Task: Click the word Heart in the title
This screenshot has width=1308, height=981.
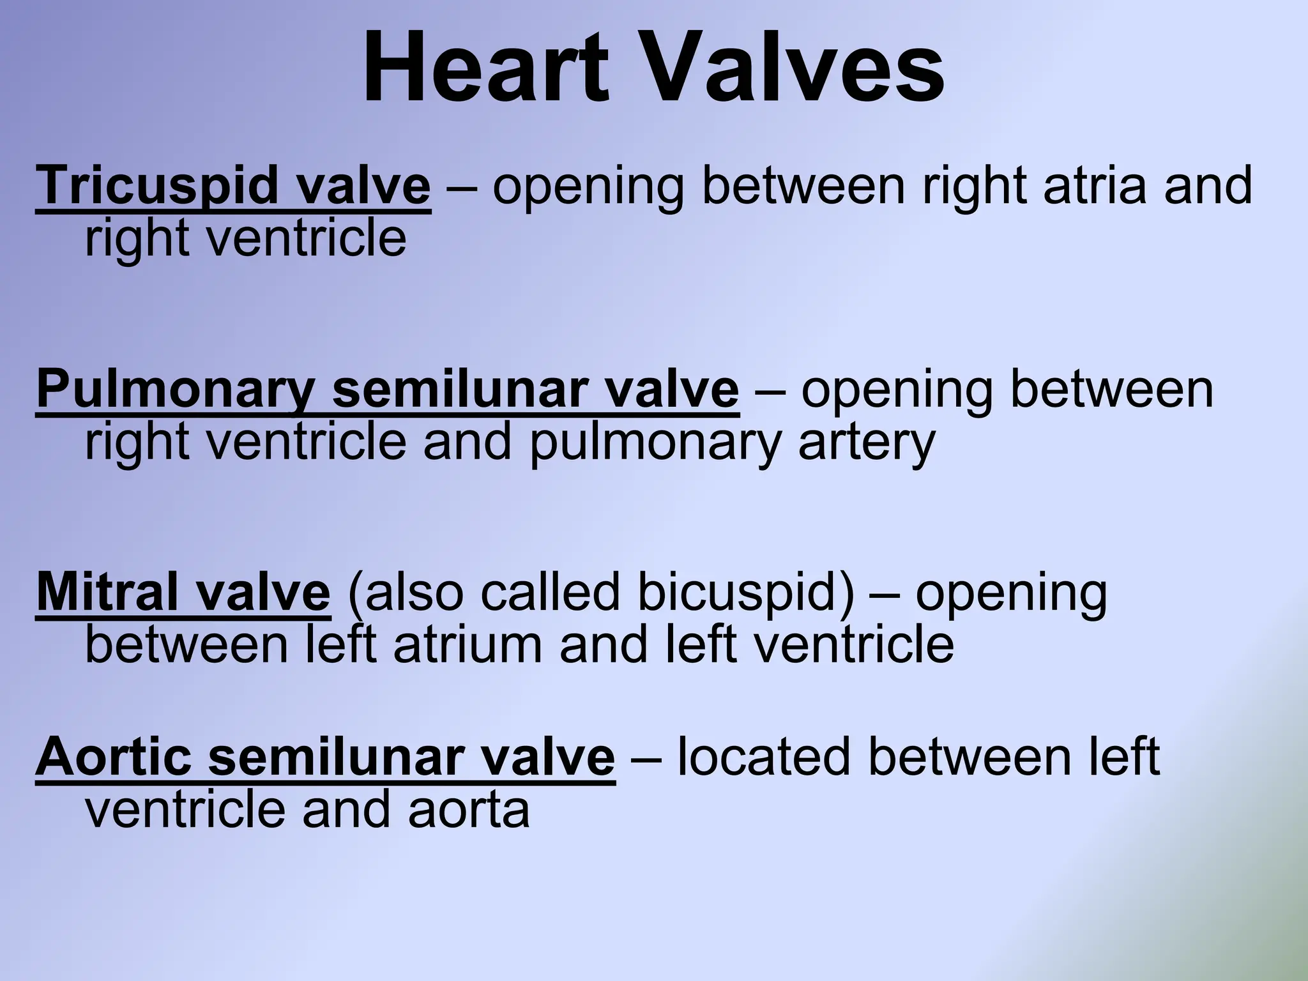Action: tap(485, 67)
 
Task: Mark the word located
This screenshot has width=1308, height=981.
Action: tap(764, 757)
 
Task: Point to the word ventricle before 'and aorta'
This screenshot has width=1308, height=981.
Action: tap(185, 809)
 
